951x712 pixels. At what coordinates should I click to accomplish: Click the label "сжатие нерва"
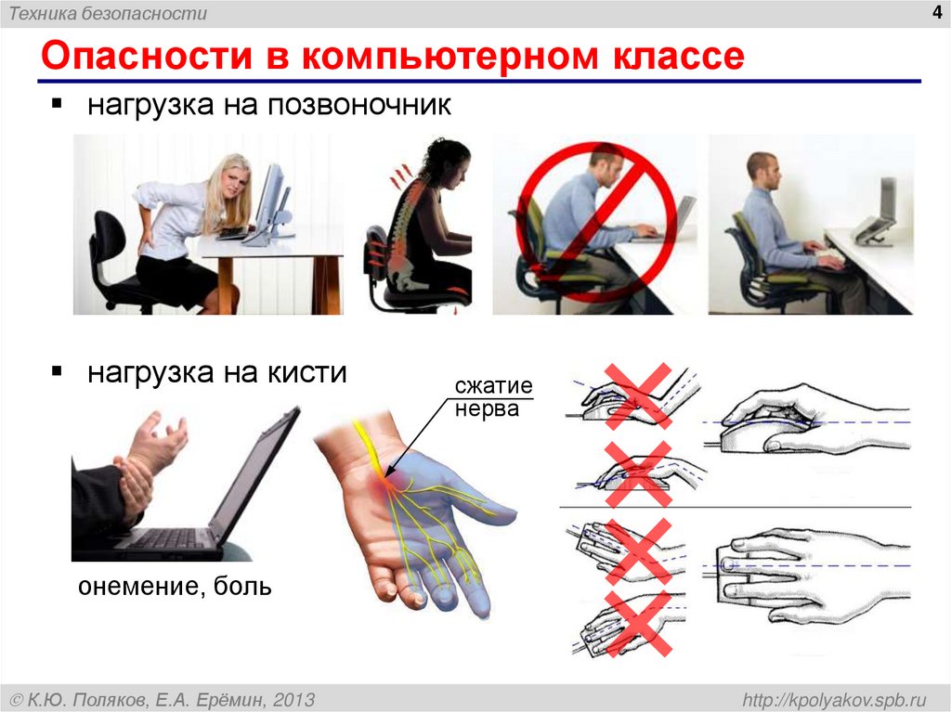[x=492, y=396]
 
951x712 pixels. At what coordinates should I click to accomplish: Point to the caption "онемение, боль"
[x=175, y=587]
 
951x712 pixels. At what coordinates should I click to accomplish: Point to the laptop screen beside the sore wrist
[x=256, y=473]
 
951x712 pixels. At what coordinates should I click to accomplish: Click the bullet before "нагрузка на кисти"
[x=58, y=371]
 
